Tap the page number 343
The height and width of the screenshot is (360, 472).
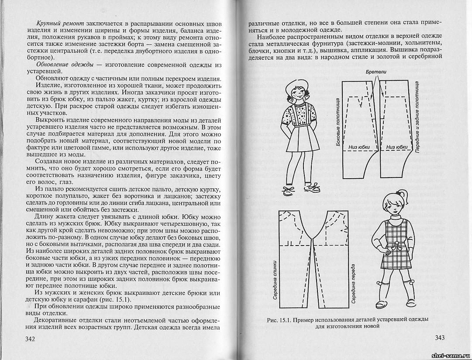(438, 337)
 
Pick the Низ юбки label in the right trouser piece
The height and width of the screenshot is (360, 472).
(397, 147)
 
